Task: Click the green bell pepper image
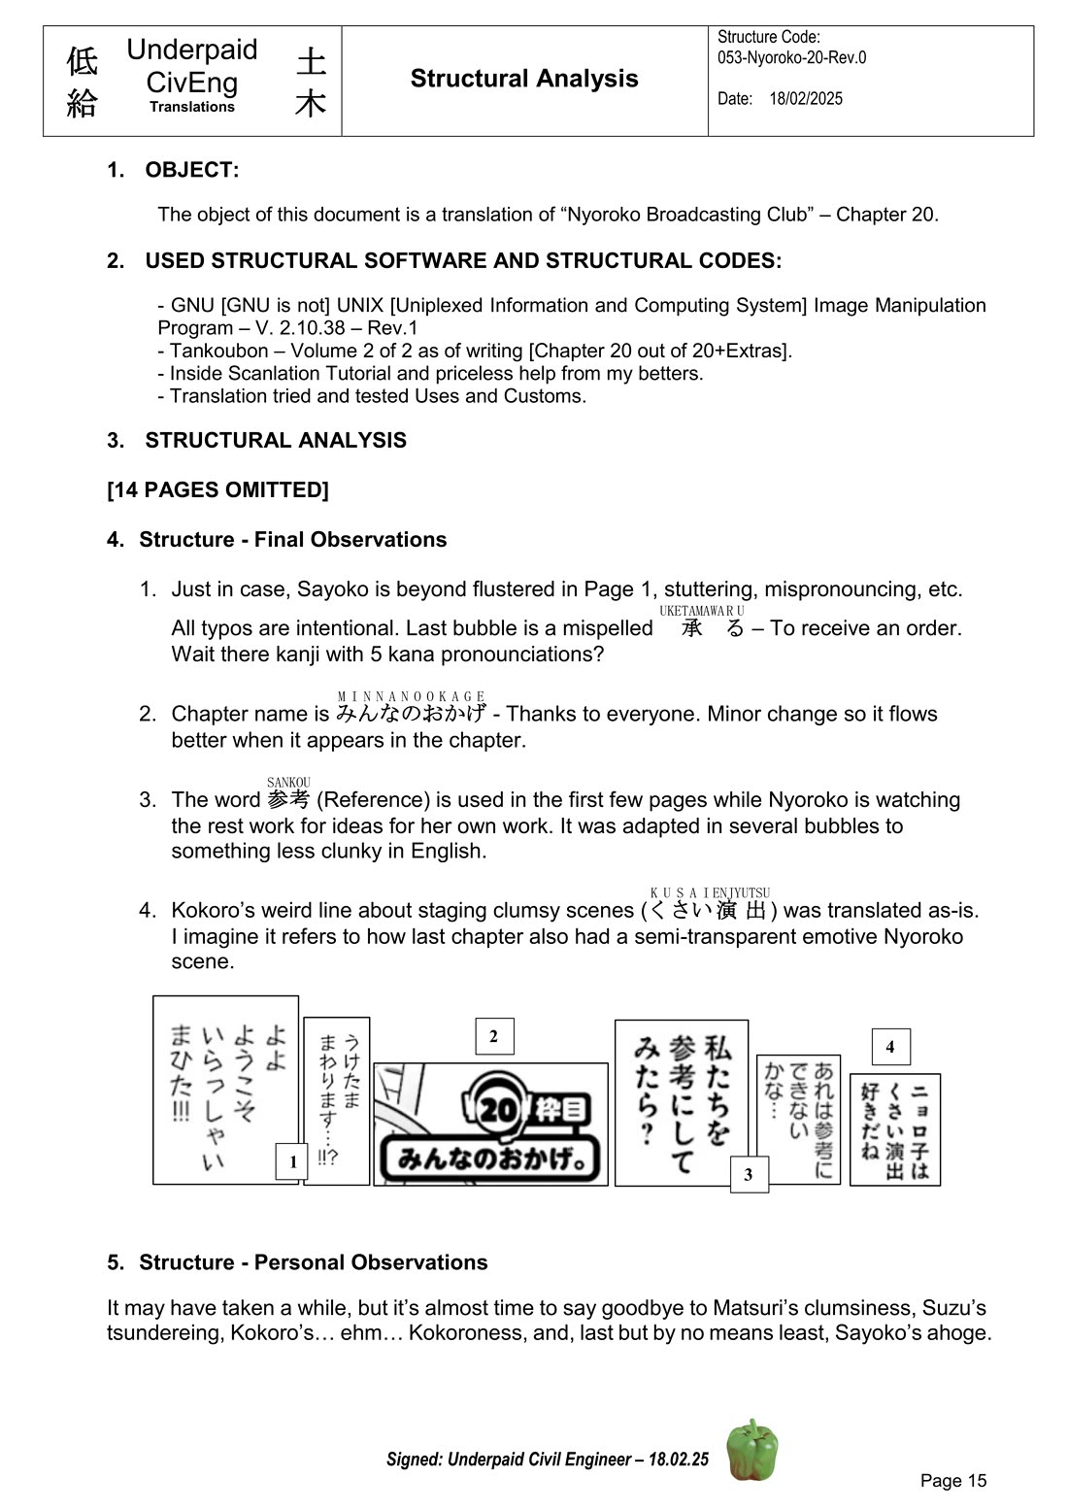(x=752, y=1449)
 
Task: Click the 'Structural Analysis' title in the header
(x=524, y=79)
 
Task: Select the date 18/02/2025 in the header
(x=806, y=99)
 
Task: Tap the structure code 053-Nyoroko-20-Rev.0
(x=791, y=57)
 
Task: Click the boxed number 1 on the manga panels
(x=292, y=1161)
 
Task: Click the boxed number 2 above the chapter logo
(x=494, y=1036)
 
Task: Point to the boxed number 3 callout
(x=749, y=1174)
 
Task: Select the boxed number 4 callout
(x=890, y=1047)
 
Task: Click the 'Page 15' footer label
(x=952, y=1480)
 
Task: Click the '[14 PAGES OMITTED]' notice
(x=217, y=489)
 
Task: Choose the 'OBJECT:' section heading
(x=191, y=170)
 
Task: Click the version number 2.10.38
(x=306, y=328)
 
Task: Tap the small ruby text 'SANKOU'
(x=288, y=783)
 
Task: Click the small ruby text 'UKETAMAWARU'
(x=701, y=611)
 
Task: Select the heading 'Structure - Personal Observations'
(x=313, y=1262)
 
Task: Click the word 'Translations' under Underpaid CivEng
(x=192, y=107)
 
